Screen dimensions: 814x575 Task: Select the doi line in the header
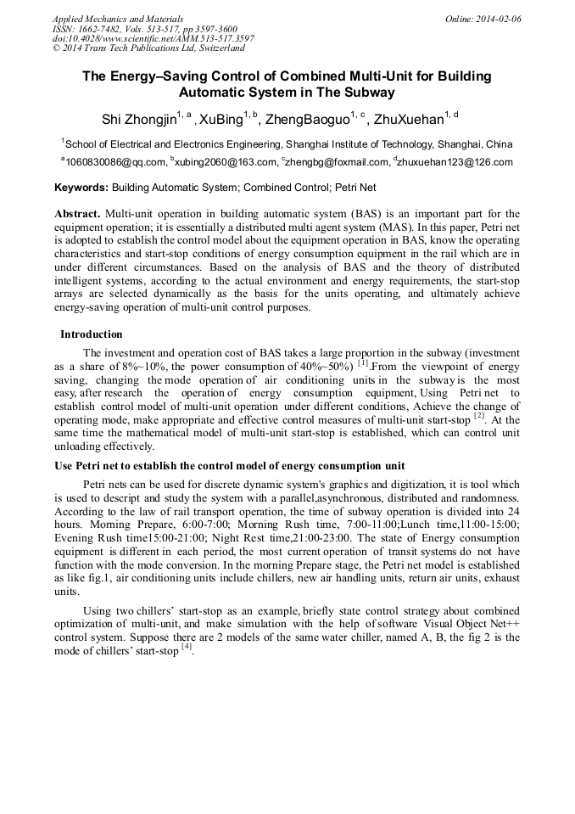click(x=153, y=38)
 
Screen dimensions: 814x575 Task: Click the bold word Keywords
click(x=81, y=187)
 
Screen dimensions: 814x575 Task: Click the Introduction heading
click(x=91, y=334)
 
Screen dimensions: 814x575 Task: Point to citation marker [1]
click(x=363, y=364)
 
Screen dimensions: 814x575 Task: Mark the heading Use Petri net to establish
click(x=229, y=466)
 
